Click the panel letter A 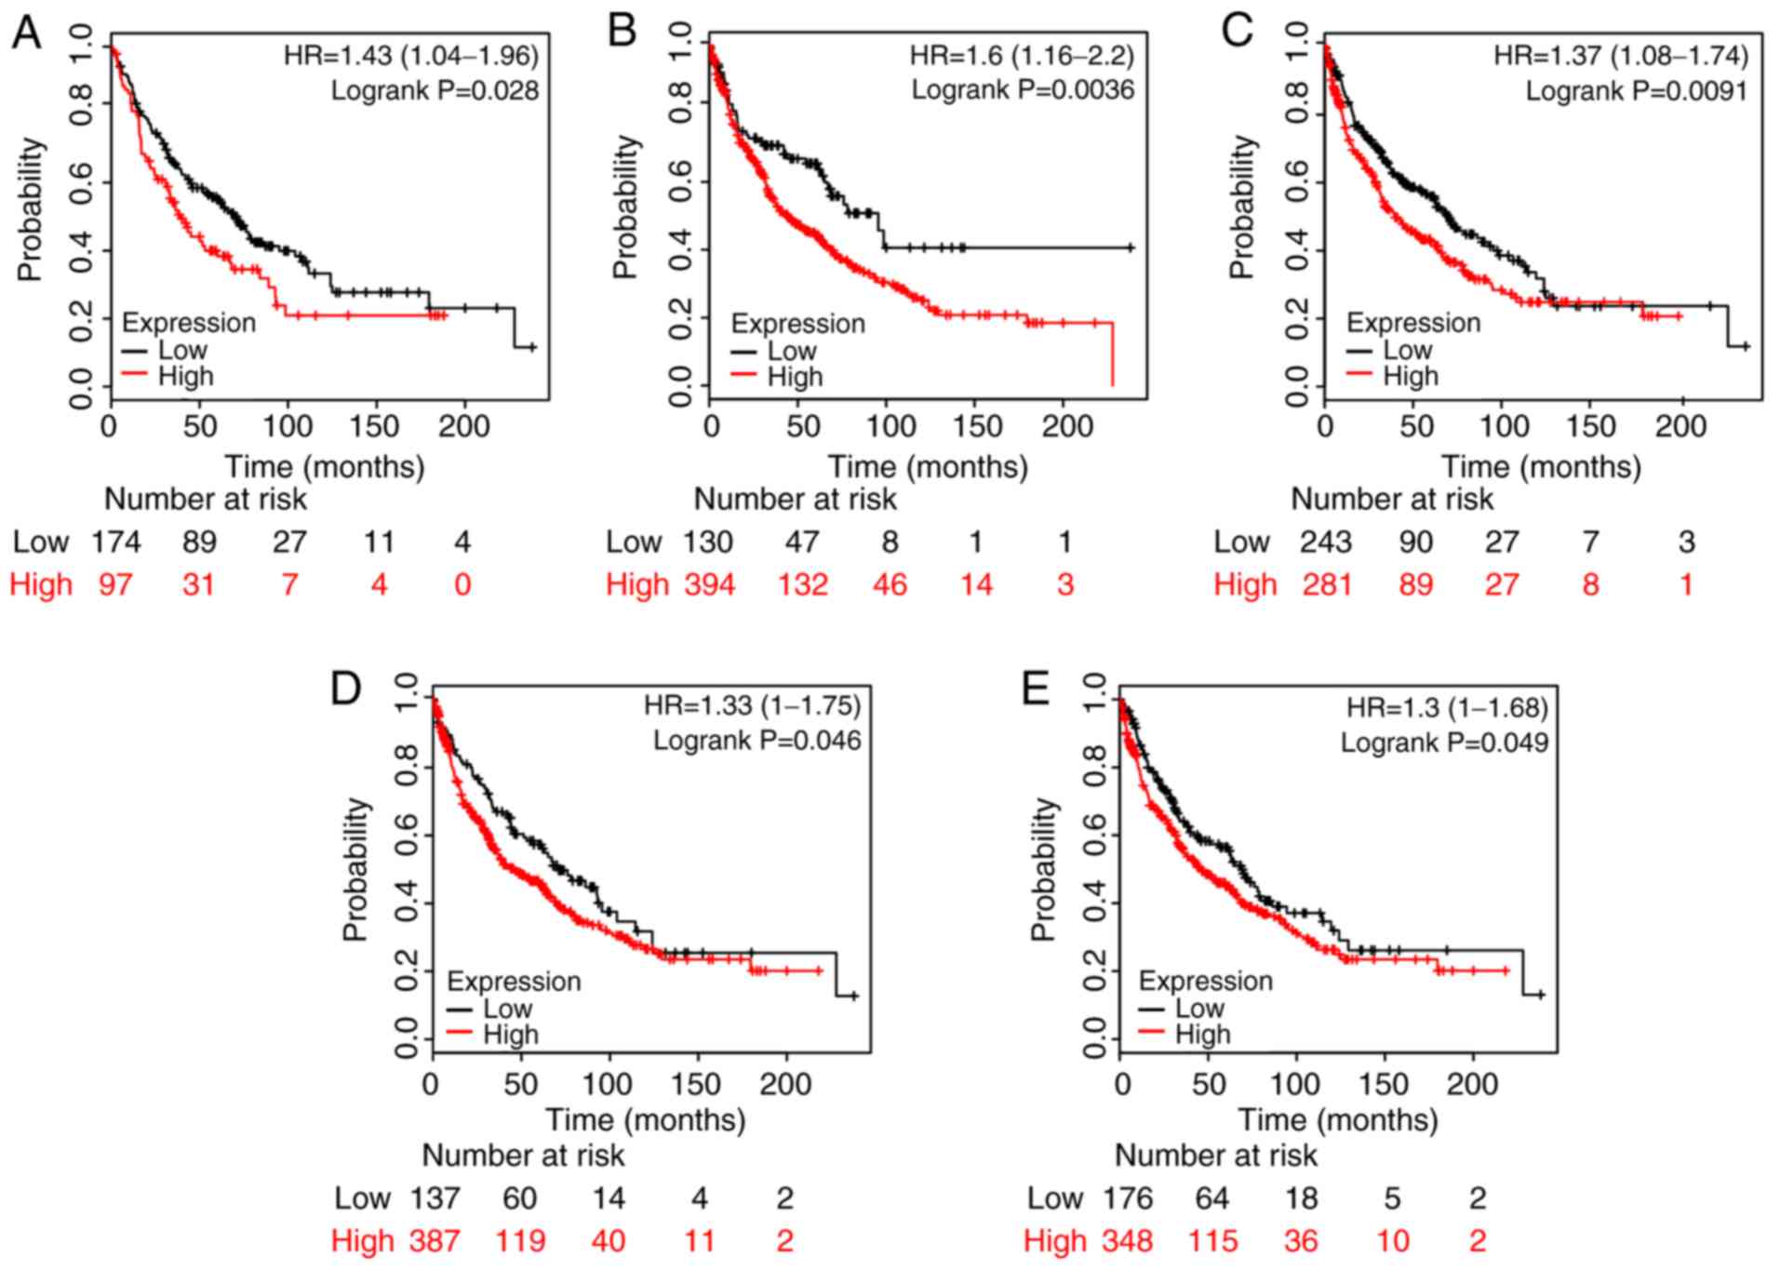(x=26, y=33)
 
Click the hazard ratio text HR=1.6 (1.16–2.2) (x=1022, y=56)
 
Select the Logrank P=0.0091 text (x=1636, y=91)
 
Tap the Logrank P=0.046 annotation (x=756, y=741)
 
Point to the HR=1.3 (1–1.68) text (x=1447, y=708)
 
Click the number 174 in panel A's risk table (x=115, y=541)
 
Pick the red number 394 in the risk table (x=710, y=584)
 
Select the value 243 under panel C (x=1326, y=541)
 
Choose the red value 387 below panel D (x=435, y=1240)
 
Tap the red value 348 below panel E (x=1127, y=1240)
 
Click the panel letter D (x=346, y=689)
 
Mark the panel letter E (x=1036, y=689)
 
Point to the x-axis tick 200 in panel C (x=1680, y=426)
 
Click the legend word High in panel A (x=186, y=376)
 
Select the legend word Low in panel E (x=1199, y=1008)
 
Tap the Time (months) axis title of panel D (x=645, y=1119)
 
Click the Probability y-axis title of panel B (x=626, y=207)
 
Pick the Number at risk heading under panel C (x=1392, y=500)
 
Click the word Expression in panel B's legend (x=797, y=324)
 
